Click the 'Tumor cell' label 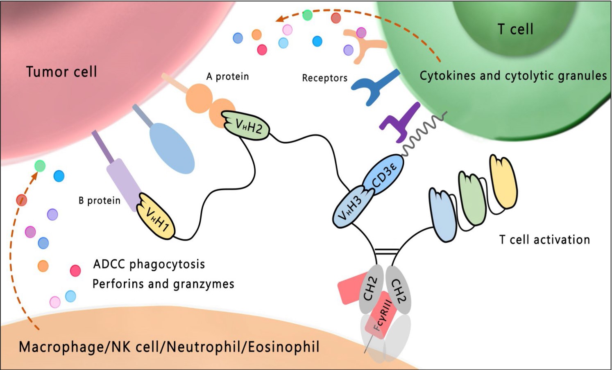[x=61, y=72]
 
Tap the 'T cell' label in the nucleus [x=515, y=29]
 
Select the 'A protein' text [x=227, y=77]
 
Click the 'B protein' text [x=100, y=201]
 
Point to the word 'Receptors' [x=324, y=78]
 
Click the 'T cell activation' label [x=544, y=239]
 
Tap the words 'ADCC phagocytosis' [x=149, y=264]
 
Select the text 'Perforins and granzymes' [x=163, y=284]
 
